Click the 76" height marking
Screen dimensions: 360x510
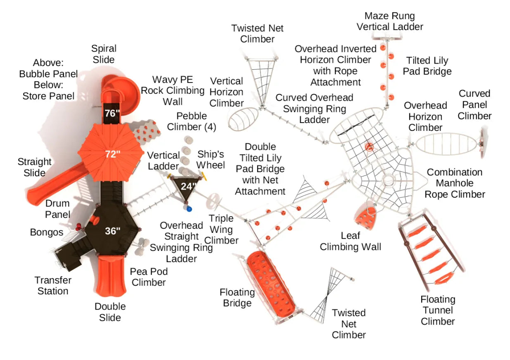click(112, 113)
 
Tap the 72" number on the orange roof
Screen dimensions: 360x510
click(112, 154)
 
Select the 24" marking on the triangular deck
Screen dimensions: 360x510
click(188, 186)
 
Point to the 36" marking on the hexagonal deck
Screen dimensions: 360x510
click(112, 231)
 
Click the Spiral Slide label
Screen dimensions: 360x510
click(104, 54)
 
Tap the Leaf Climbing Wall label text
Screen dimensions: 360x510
click(350, 241)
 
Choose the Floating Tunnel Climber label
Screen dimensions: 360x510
click(438, 310)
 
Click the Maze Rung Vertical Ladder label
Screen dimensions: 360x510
click(390, 21)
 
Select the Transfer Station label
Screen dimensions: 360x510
click(53, 285)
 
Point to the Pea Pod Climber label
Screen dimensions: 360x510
click(149, 277)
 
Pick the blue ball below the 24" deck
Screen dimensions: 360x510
click(190, 209)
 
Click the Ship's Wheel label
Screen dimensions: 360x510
click(211, 159)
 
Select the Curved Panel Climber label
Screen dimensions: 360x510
click(474, 104)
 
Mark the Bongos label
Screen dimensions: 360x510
click(47, 232)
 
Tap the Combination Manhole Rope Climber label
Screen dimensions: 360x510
click(455, 183)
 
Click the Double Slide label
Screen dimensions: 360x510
click(110, 312)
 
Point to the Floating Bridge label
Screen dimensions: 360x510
click(237, 298)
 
